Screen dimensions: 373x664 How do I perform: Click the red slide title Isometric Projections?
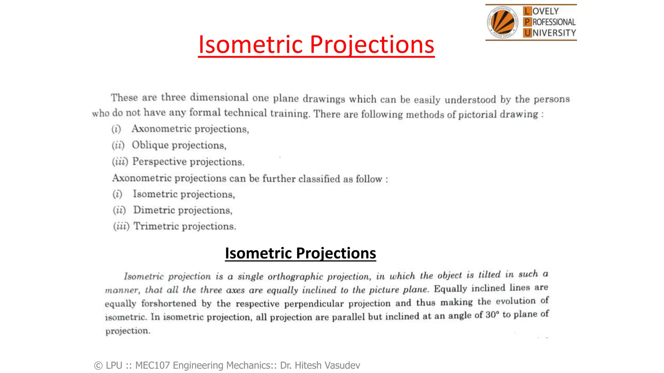[x=316, y=44]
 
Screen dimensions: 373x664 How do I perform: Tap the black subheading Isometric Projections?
[x=300, y=253]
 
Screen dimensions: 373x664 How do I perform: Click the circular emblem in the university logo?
[x=503, y=22]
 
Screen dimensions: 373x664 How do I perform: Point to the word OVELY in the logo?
[x=546, y=11]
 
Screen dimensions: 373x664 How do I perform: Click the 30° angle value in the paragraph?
[x=492, y=315]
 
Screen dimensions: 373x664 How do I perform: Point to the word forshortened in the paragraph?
[x=169, y=303]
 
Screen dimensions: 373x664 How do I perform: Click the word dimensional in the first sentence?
[x=219, y=97]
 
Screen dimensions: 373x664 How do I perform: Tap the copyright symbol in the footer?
[x=98, y=366]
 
